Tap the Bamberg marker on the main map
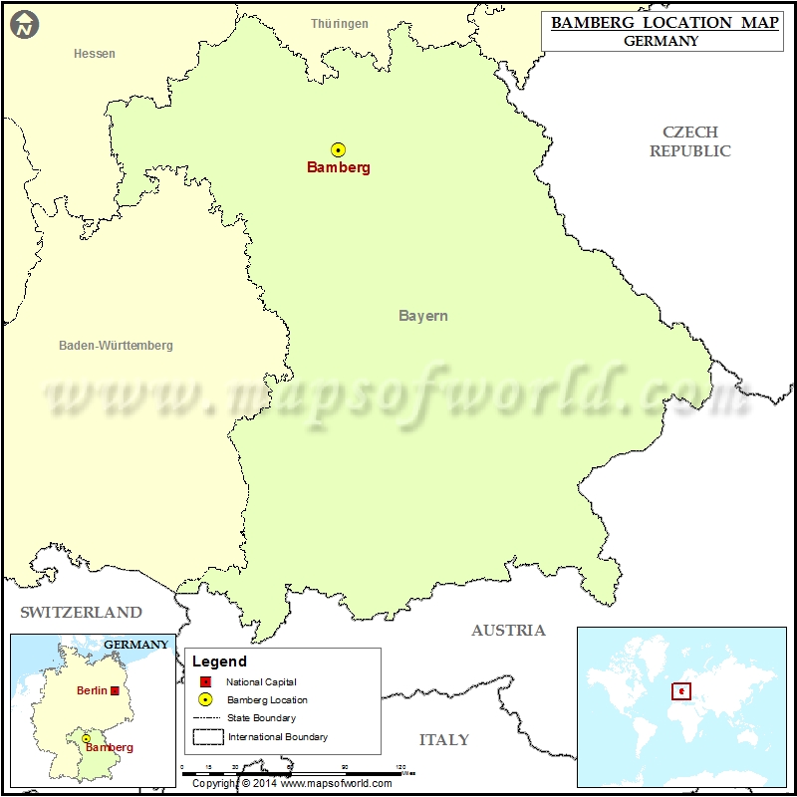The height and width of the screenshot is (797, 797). coord(339,149)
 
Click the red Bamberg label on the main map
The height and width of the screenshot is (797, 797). coord(339,167)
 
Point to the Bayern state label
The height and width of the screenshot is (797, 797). coord(423,316)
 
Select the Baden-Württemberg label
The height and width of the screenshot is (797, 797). coord(116,346)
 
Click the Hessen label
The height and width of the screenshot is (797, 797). coord(95,54)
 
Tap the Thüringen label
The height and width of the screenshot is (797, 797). coord(340,24)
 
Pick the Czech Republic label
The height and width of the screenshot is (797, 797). coord(690,141)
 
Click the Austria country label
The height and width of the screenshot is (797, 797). coord(508,630)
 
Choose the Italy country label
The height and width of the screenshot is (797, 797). coord(443,739)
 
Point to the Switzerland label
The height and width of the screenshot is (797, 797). coord(82,612)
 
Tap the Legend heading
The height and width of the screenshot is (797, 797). coord(219,662)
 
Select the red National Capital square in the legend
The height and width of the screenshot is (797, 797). coord(205,682)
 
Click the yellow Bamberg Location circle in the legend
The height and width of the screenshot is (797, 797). coord(205,699)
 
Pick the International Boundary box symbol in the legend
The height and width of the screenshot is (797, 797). coord(207,736)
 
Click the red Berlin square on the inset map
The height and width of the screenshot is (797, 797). coord(115,690)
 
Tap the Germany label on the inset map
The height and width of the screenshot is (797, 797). coord(136,645)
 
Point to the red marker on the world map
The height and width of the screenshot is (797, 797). coord(681,690)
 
